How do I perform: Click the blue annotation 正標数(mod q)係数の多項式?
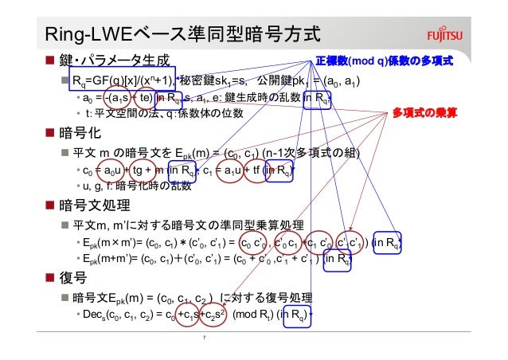pos(384,61)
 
